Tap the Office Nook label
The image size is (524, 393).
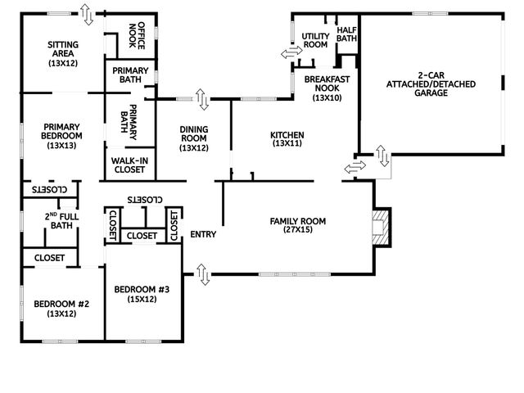tap(147, 35)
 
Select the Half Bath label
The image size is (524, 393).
tap(346, 34)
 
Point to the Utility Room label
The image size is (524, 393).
tap(315, 40)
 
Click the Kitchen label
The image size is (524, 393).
tap(287, 138)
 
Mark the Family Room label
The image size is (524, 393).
tap(298, 225)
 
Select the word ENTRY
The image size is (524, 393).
tap(203, 235)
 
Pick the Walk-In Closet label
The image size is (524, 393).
tap(125, 165)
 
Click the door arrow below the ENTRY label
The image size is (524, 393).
tap(203, 275)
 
